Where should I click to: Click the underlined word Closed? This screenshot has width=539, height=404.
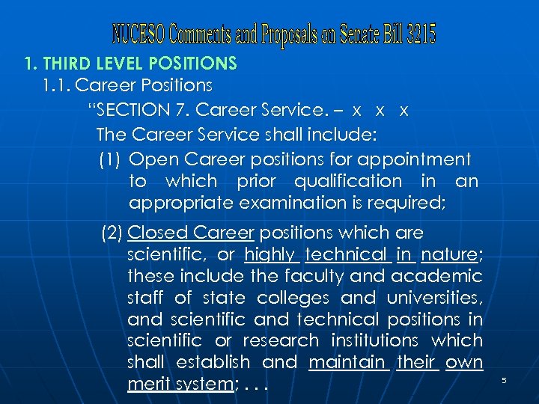157,233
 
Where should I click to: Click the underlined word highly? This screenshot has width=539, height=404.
272,254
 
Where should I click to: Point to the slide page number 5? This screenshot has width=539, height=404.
504,381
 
